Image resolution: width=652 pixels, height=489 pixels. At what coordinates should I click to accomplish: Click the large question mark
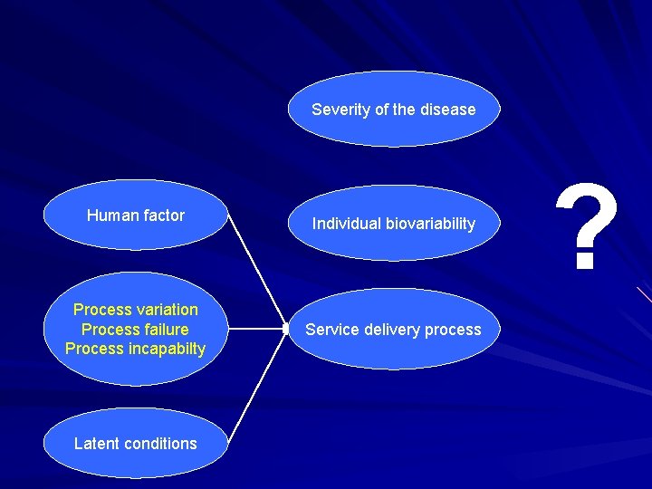pyautogui.click(x=587, y=227)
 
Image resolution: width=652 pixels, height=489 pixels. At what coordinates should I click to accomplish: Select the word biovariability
pyautogui.click(x=428, y=224)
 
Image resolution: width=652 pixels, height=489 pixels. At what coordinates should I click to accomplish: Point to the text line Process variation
pyautogui.click(x=136, y=310)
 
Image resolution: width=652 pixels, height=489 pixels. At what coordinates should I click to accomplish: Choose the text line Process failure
pyautogui.click(x=136, y=330)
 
